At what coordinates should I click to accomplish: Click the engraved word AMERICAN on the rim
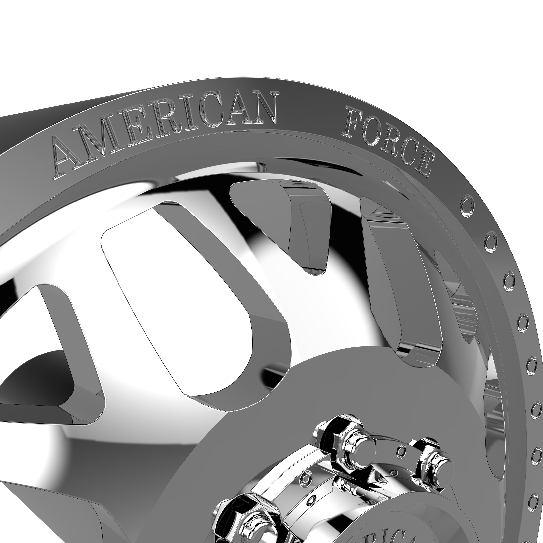pyautogui.click(x=166, y=132)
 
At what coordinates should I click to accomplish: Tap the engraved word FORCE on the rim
pyautogui.click(x=388, y=141)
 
